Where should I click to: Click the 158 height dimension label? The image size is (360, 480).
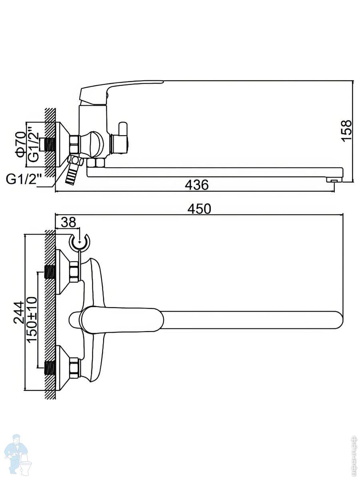tap(347, 131)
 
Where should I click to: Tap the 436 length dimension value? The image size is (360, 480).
tap(197, 185)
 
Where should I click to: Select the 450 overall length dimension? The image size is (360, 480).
tap(199, 209)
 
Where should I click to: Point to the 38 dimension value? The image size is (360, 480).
tap(68, 222)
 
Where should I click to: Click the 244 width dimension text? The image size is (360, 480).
tap(19, 312)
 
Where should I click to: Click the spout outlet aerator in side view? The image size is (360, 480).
tap(334, 180)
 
